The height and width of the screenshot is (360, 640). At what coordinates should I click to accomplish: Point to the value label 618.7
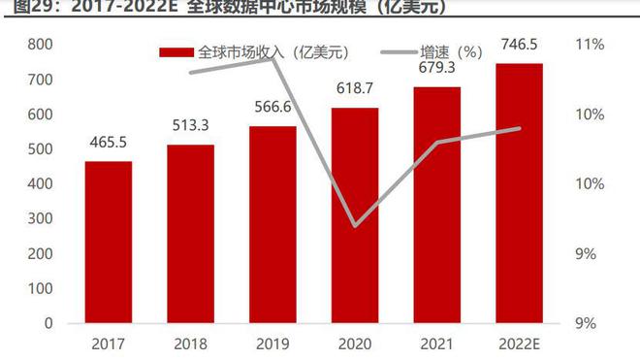(355, 87)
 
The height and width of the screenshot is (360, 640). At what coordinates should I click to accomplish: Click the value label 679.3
(437, 67)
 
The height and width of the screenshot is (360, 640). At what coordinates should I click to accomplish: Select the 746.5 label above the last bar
(519, 44)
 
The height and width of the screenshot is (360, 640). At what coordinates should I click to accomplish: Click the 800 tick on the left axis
(40, 45)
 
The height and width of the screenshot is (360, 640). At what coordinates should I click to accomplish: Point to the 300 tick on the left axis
(40, 218)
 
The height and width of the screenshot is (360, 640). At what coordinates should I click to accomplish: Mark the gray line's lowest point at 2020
(355, 225)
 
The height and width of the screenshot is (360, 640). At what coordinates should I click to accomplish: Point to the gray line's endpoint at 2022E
(520, 128)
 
